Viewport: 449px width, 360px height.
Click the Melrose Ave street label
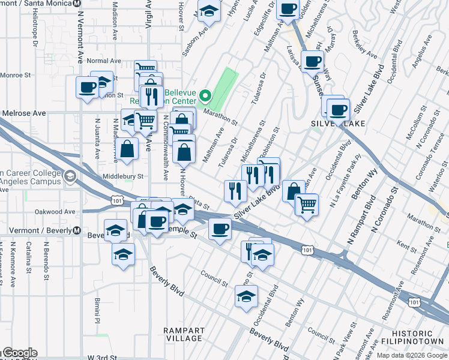tap(23, 113)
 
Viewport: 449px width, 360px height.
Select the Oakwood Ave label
tap(55, 212)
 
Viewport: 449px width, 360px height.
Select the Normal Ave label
tap(104, 61)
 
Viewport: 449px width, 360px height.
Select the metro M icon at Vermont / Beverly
tap(77, 230)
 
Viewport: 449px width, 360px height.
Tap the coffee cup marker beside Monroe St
tap(87, 87)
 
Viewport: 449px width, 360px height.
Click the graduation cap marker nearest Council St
tap(246, 296)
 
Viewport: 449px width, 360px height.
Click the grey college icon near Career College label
tap(71, 176)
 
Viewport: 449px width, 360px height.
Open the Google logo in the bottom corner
tap(19, 353)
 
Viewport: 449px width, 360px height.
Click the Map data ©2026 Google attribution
tap(412, 355)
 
